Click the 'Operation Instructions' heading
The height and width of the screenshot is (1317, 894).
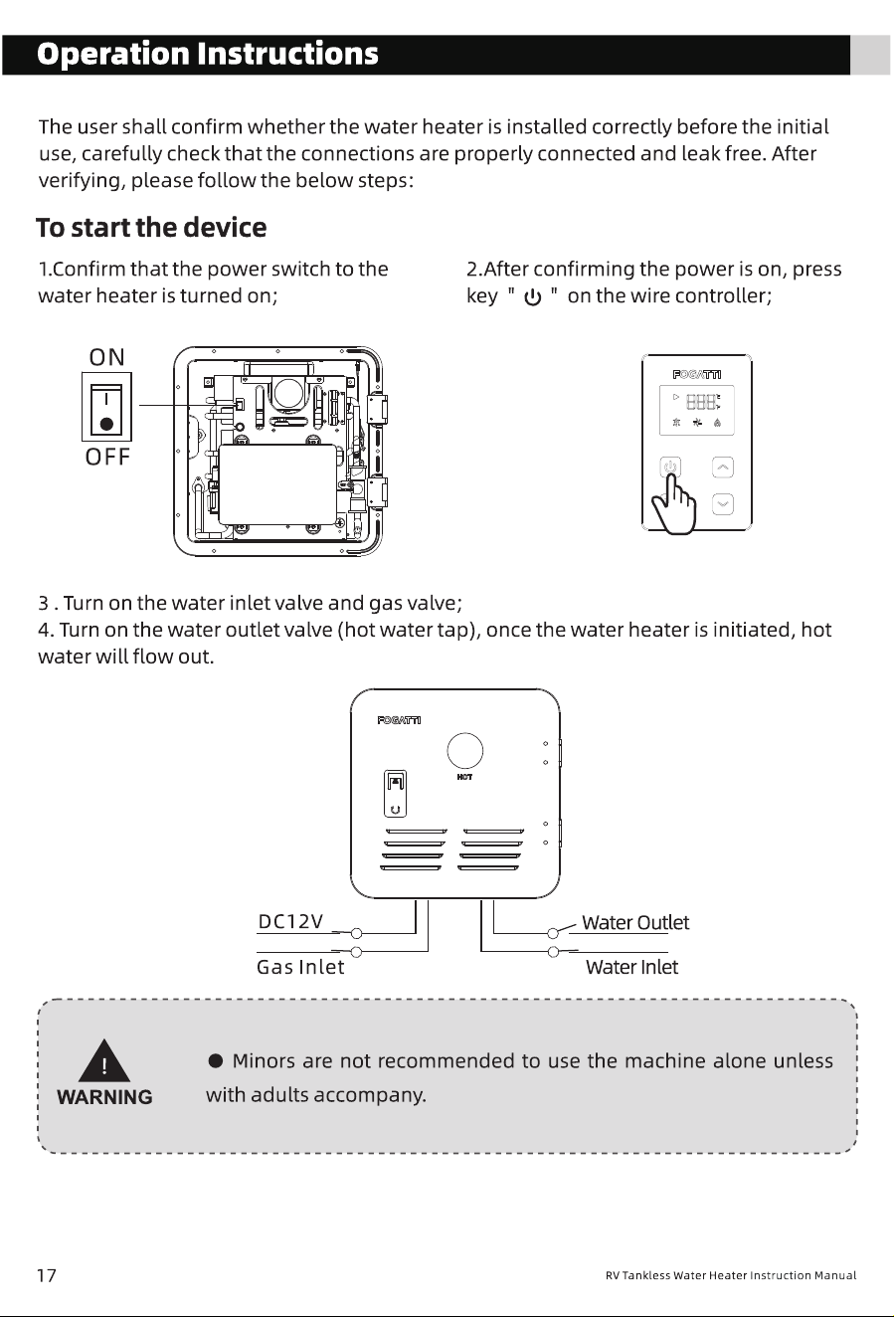[208, 54]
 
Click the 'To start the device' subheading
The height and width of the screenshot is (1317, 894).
[151, 228]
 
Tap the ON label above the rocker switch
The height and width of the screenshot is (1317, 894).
[107, 357]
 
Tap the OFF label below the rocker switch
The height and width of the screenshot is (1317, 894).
[107, 457]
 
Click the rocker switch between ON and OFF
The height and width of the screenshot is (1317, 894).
[106, 407]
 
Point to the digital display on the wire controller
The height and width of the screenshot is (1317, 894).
[696, 411]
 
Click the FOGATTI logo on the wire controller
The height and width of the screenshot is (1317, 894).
[696, 375]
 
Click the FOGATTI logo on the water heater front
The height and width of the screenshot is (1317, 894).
[399, 720]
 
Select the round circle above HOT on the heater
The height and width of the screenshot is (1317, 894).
[465, 751]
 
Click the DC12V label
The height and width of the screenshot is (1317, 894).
[290, 921]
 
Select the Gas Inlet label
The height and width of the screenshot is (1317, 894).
[300, 967]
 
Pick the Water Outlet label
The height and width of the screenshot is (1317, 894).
[635, 922]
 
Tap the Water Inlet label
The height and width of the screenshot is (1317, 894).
[631, 967]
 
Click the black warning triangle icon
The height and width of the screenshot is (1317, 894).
[104, 1060]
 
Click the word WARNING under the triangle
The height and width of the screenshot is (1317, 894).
[104, 1097]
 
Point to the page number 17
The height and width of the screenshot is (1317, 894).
[47, 1275]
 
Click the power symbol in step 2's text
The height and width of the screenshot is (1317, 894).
[532, 297]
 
